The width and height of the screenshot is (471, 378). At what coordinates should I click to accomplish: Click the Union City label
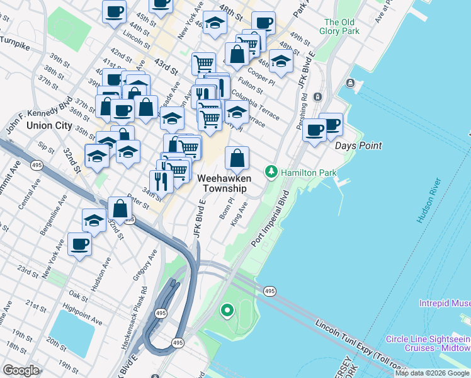coord(49,125)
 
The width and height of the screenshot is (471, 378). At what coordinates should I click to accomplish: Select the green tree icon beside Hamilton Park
coord(271,171)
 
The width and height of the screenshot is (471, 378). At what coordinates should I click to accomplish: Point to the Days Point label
coord(358,146)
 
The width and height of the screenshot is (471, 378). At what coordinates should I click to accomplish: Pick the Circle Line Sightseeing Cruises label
coord(428,343)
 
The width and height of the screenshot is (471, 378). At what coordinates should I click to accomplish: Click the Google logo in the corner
coord(21,370)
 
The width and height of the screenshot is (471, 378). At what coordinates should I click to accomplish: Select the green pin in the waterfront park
coord(226,310)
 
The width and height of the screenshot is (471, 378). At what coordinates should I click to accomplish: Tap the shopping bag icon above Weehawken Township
coord(237,158)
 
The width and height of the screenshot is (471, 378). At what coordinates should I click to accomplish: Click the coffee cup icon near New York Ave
coord(80,244)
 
